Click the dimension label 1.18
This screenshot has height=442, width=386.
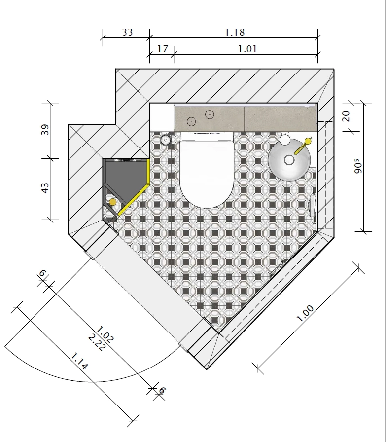point(235,32)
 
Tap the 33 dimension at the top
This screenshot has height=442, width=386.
point(127,32)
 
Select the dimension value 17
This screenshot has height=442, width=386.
point(163,49)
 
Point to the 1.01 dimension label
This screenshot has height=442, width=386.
point(247,49)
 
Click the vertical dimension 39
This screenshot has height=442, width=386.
point(45,130)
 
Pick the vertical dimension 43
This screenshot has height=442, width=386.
point(45,188)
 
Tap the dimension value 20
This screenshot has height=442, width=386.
point(346,116)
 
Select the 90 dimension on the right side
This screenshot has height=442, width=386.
point(358,166)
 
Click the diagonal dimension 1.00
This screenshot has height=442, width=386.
point(305,313)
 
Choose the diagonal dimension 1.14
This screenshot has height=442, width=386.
point(79,361)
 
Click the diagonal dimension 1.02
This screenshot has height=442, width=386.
point(105,334)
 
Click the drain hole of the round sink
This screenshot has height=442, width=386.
point(289,160)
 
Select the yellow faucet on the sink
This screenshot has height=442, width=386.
point(303,146)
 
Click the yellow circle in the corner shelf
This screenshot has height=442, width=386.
point(112,202)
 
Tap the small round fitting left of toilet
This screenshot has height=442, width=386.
point(165,139)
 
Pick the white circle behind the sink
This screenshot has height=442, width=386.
point(285,140)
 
